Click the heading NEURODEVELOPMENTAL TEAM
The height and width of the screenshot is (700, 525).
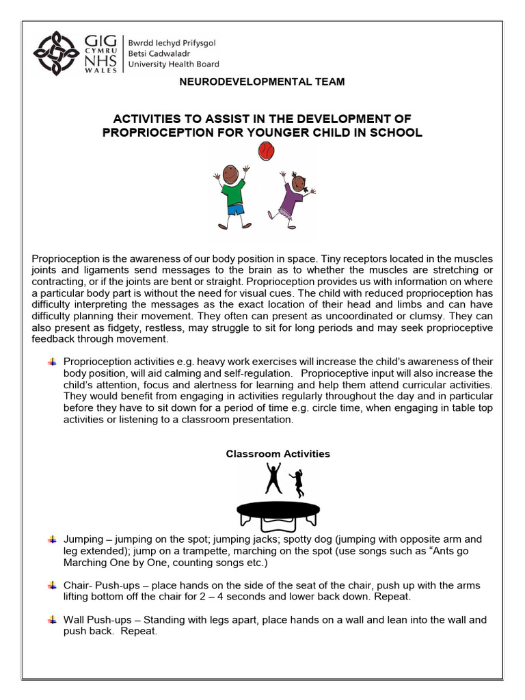pyautogui.click(x=262, y=82)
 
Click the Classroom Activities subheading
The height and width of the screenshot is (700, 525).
pyautogui.click(x=278, y=454)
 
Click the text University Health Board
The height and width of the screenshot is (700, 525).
pyautogui.click(x=174, y=64)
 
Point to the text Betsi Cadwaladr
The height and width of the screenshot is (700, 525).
pyautogui.click(x=161, y=53)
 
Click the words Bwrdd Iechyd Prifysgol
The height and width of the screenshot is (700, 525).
pyautogui.click(x=172, y=42)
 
